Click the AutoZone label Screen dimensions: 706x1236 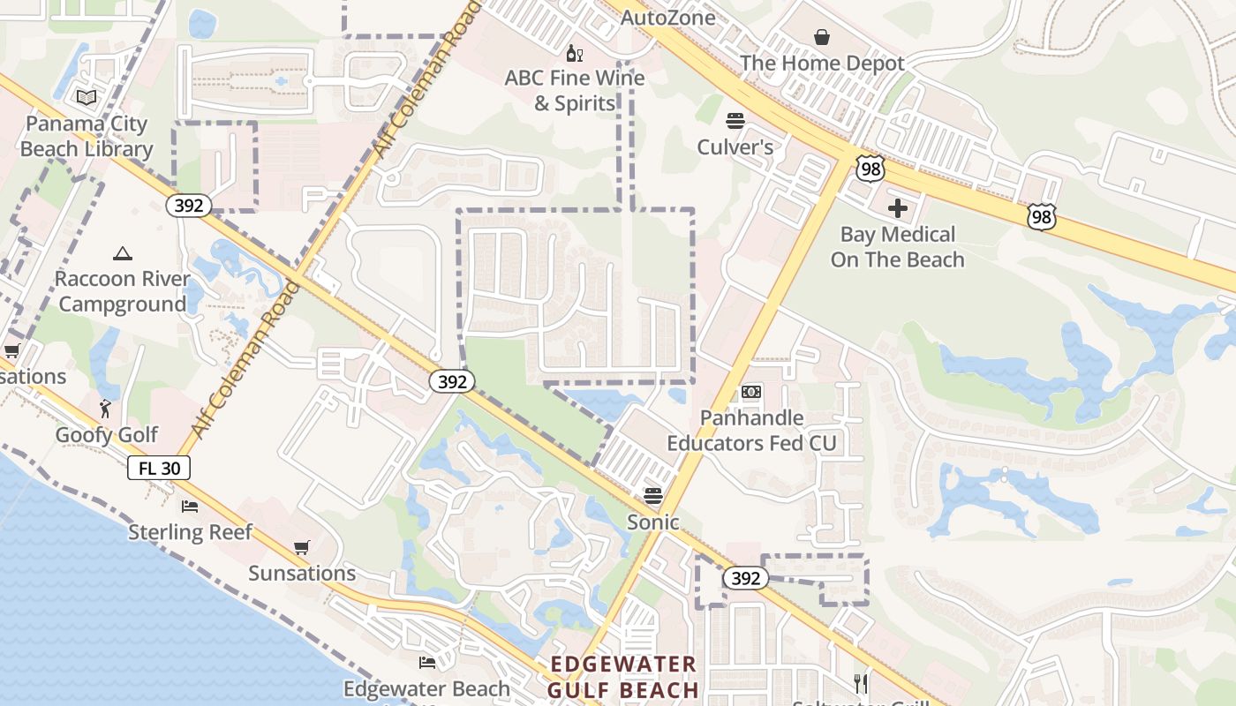coord(667,18)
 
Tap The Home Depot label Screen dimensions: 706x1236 coord(822,64)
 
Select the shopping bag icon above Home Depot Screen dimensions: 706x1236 coord(822,37)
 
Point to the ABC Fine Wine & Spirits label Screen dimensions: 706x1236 coord(575,90)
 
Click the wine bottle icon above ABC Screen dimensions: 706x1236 coord(575,54)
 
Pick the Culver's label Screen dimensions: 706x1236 coord(735,146)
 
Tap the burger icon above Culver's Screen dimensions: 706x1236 coord(735,121)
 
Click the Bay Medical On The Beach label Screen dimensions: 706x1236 coord(897,247)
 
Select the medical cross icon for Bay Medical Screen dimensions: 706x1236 coord(898,209)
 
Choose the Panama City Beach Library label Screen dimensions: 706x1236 coord(87,137)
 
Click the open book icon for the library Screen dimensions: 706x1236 coord(87,97)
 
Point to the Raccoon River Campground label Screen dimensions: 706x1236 coord(122,292)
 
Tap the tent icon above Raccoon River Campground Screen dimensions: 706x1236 coord(122,254)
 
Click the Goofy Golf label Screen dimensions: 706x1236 coord(107,435)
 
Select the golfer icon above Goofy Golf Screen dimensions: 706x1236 coord(106,409)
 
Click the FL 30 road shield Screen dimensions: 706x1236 coord(159,468)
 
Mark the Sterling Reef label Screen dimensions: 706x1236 coord(190,532)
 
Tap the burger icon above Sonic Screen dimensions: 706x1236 coord(653,496)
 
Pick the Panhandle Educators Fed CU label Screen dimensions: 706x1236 coord(751,430)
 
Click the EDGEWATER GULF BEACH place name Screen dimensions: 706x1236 coord(623,677)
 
